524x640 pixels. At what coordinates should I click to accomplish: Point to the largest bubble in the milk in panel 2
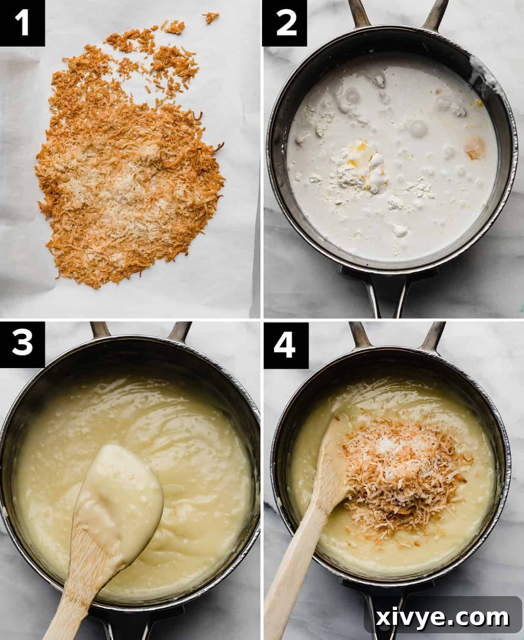pos(418,127)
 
